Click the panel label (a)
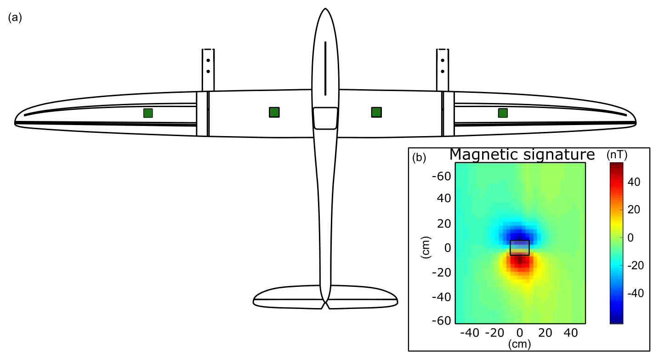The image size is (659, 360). [x=15, y=17]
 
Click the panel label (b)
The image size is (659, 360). [x=419, y=158]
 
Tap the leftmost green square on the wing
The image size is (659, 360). [x=148, y=113]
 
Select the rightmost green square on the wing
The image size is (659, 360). [x=503, y=113]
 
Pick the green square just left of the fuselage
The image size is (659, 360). [x=274, y=112]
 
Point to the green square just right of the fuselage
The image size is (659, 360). [x=376, y=112]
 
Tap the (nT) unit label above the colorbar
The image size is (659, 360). [x=617, y=155]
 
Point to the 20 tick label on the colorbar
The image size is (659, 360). [x=634, y=210]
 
